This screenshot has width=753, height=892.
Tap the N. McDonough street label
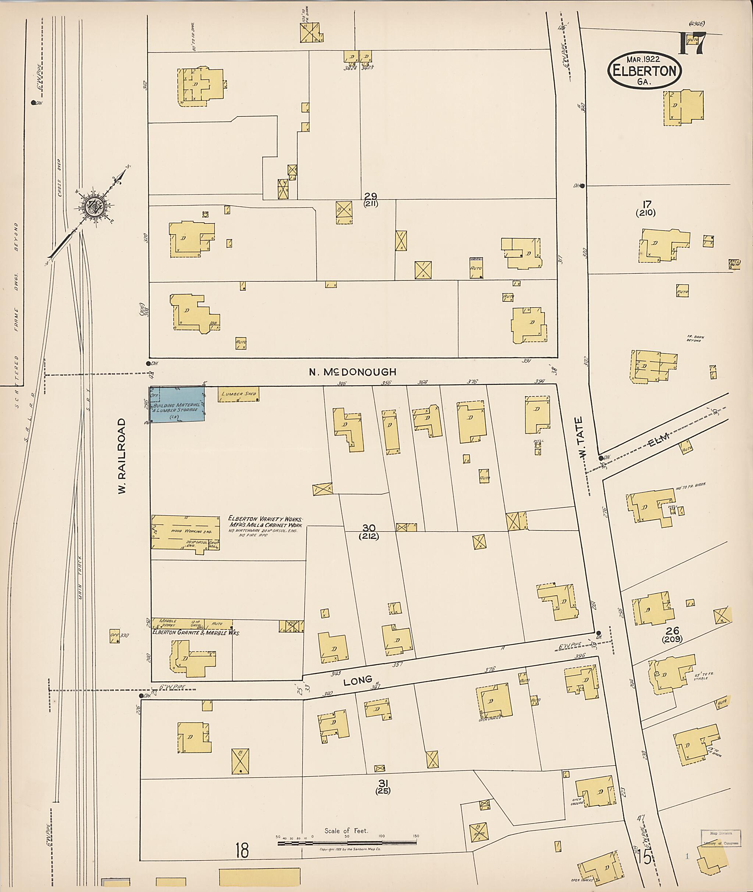click(x=353, y=372)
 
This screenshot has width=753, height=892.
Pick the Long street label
click(x=358, y=680)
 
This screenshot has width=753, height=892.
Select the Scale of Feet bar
click(x=347, y=843)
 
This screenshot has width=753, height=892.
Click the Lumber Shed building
click(x=239, y=394)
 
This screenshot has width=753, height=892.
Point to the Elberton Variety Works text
click(x=265, y=522)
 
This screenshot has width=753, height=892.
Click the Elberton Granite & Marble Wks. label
click(x=196, y=633)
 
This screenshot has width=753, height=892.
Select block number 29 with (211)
click(x=371, y=199)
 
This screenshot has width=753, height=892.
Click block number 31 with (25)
click(x=383, y=786)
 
